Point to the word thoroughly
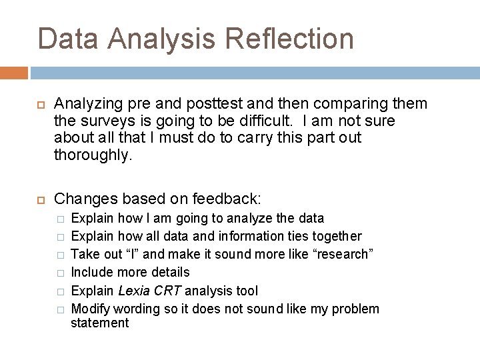93,155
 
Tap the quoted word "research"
341,254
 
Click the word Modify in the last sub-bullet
91,309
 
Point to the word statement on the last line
99,323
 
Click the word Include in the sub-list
91,272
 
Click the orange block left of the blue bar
14,73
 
